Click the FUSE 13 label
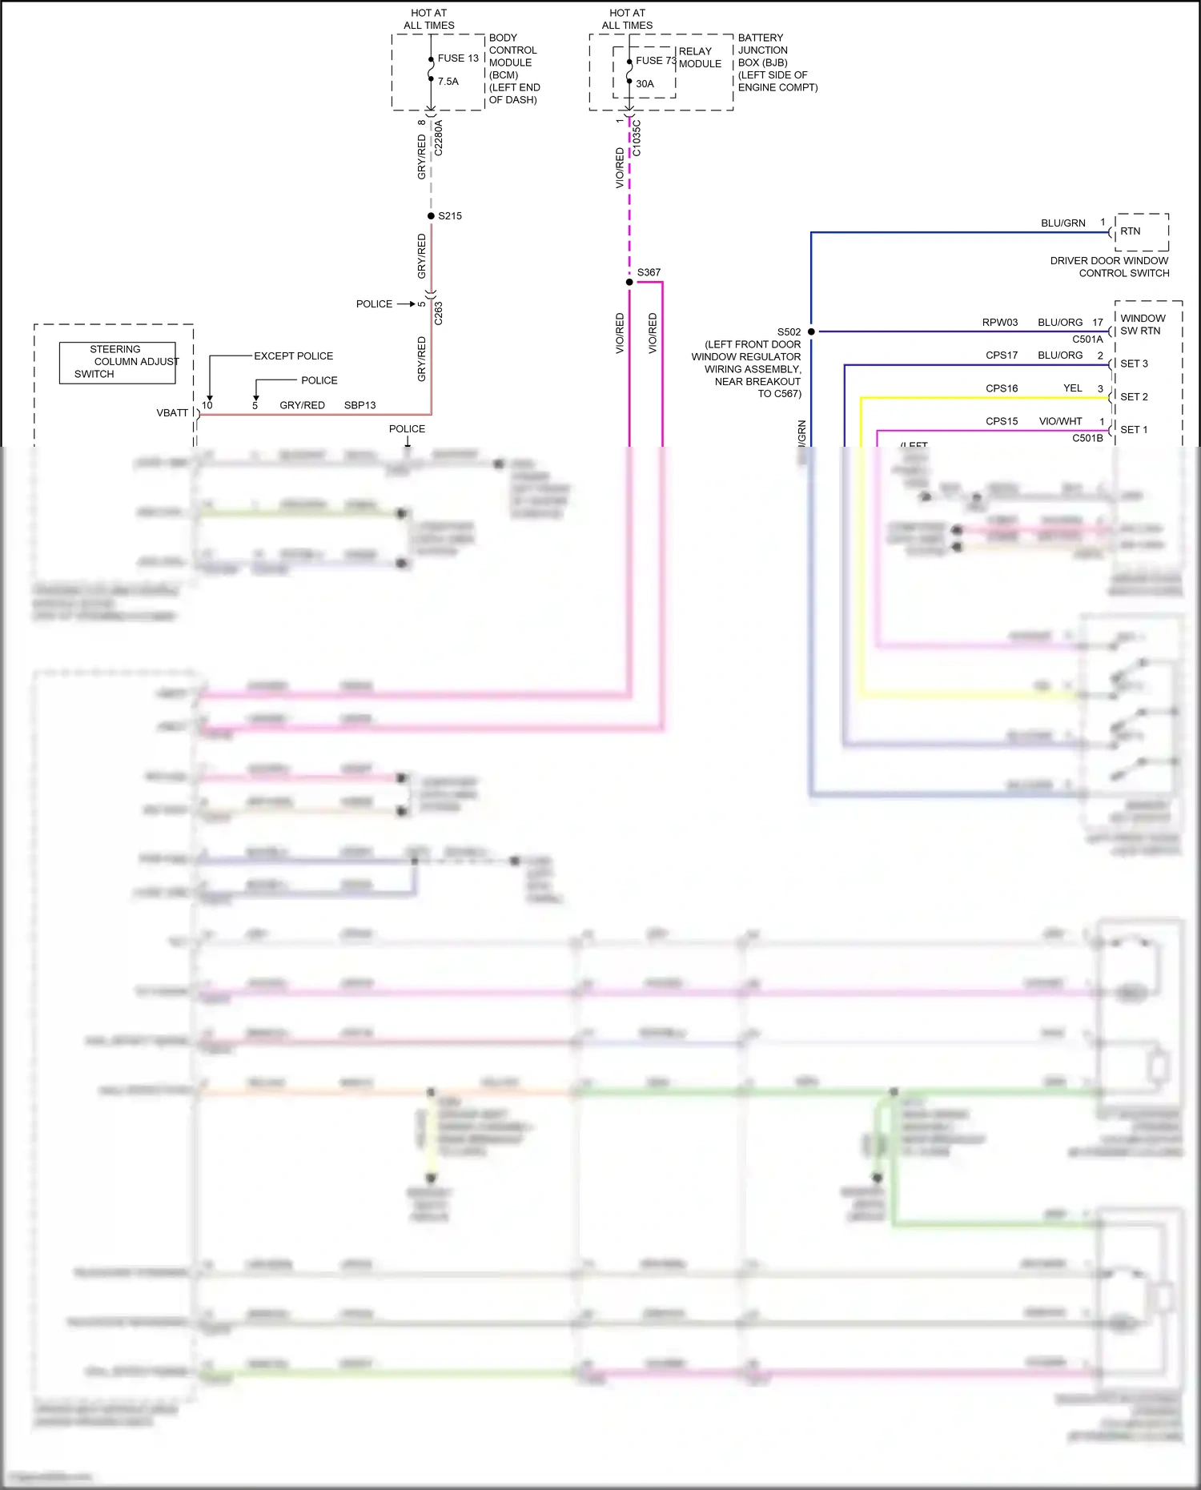(x=458, y=58)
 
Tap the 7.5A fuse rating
(x=448, y=82)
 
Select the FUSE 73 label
(x=656, y=61)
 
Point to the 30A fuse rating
(x=645, y=84)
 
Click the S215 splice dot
(x=431, y=216)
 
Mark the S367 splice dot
(x=629, y=282)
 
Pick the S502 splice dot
(x=811, y=331)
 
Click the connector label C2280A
(x=438, y=138)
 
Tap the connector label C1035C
(x=637, y=138)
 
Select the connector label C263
(x=438, y=313)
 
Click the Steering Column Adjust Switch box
(x=117, y=362)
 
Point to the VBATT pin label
(x=172, y=413)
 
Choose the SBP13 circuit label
(x=359, y=405)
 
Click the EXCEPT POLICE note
(x=293, y=356)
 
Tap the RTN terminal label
(x=1130, y=231)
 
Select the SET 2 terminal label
(x=1134, y=397)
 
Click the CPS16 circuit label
(x=1002, y=388)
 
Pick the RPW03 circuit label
(x=1000, y=323)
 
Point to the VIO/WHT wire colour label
(x=1060, y=421)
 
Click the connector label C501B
(x=1087, y=438)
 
